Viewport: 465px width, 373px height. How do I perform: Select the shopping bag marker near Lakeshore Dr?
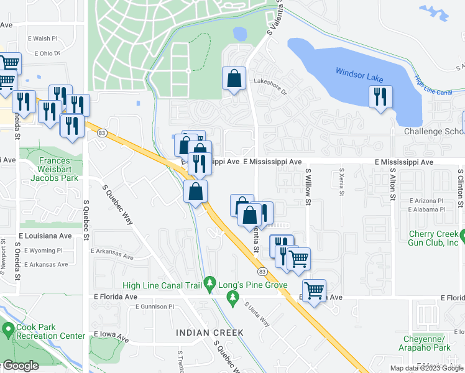coord(234,79)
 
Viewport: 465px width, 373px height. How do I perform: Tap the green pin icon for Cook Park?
coord(8,328)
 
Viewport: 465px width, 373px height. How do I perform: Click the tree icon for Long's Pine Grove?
coord(234,300)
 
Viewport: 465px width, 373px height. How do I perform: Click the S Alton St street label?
coord(393,184)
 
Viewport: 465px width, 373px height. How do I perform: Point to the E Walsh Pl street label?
coord(42,39)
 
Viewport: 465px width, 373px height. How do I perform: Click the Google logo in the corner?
coord(20,366)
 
